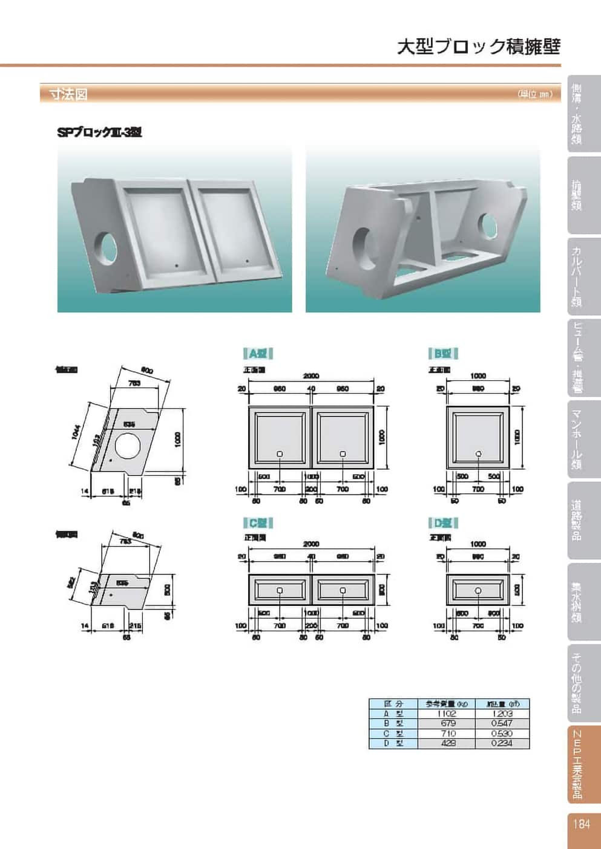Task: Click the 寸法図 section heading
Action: pos(68,94)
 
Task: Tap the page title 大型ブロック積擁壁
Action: pos(478,47)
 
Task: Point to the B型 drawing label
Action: pos(443,354)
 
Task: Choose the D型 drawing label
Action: pos(443,522)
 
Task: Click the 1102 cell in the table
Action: pos(448,714)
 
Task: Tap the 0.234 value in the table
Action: pos(502,743)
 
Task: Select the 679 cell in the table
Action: pos(448,723)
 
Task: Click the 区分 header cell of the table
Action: pos(393,704)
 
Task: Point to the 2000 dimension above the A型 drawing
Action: pos(311,376)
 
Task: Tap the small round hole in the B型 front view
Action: pos(478,454)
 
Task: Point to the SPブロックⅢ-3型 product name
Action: pos(99,132)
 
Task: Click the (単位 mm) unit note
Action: pos(535,94)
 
